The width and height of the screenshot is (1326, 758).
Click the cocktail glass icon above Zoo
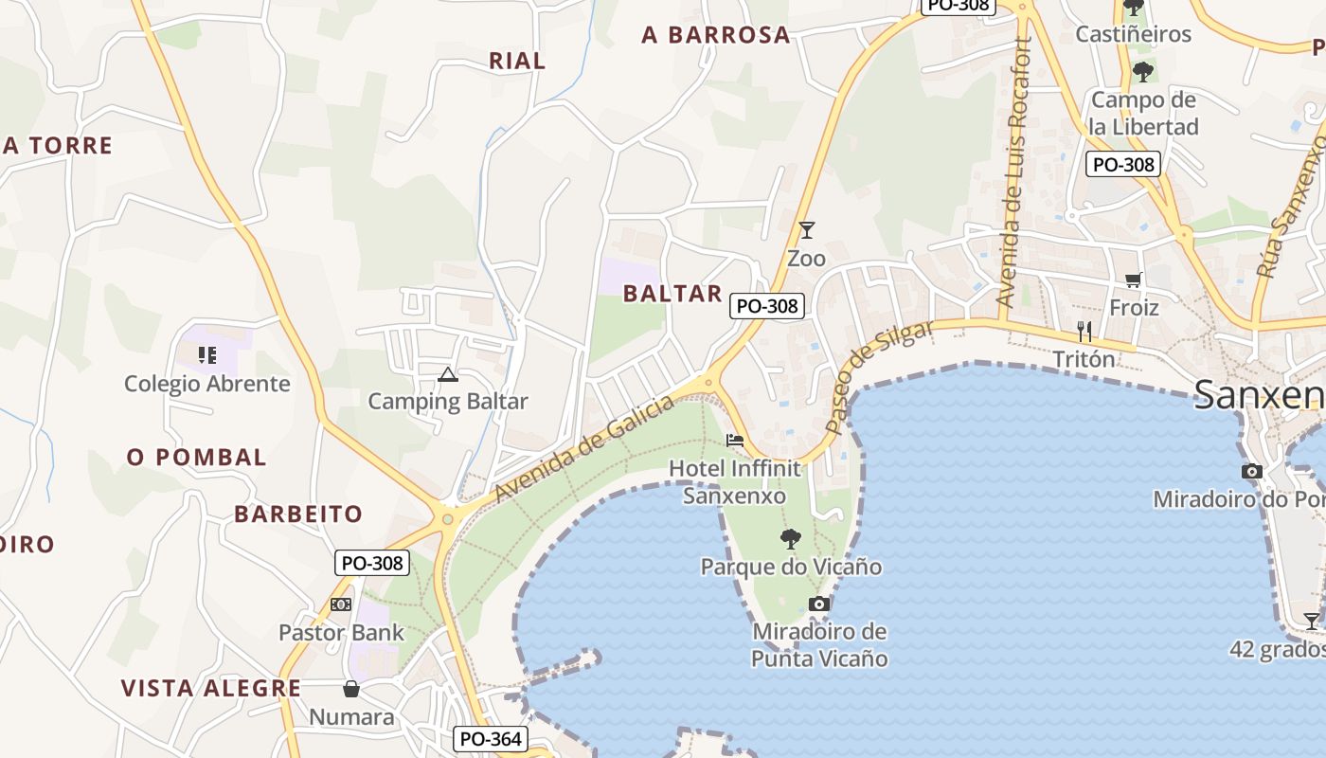(806, 230)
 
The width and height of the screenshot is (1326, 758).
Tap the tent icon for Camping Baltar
(448, 374)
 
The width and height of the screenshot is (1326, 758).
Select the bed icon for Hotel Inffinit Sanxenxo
(734, 441)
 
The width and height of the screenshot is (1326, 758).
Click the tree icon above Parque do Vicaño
(790, 539)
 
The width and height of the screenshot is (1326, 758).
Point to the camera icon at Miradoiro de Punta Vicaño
(819, 605)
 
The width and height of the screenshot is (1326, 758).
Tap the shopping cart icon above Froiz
(1134, 280)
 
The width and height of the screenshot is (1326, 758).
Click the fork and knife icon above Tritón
(1084, 332)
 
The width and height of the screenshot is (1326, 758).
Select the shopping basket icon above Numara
(351, 689)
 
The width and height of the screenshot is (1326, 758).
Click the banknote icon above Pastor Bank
(341, 605)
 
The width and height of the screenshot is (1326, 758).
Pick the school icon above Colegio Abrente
(207, 355)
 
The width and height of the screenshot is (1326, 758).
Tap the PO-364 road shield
(490, 739)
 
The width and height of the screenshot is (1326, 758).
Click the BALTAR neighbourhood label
(672, 294)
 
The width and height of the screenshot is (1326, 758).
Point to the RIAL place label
(517, 61)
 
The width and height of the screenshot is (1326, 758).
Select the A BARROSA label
(715, 35)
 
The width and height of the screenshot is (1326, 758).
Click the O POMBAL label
(197, 457)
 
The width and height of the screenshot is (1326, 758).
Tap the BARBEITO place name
(298, 514)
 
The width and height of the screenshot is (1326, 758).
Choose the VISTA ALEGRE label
(211, 688)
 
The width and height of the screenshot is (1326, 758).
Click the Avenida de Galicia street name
(584, 448)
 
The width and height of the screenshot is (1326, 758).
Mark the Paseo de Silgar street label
(878, 376)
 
